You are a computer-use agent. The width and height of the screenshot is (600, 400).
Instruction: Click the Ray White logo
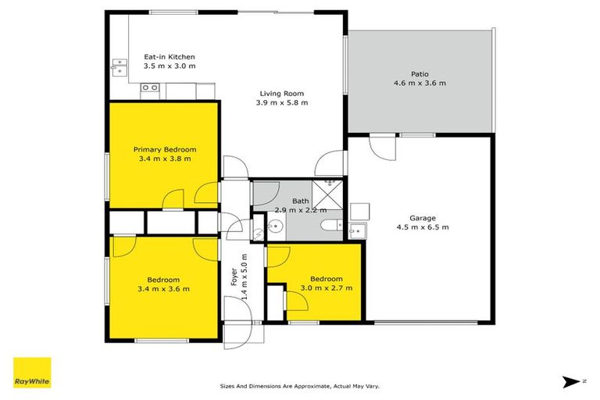[32, 373]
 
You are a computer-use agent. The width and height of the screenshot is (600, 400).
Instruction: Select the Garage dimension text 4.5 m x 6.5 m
[423, 227]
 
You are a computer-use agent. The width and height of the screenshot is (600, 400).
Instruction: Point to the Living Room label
[284, 94]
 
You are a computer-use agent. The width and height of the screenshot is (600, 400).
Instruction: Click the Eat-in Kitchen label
[169, 57]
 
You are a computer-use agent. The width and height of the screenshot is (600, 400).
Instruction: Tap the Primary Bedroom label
[164, 149]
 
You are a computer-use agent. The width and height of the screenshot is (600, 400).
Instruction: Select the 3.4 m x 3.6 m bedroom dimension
[164, 289]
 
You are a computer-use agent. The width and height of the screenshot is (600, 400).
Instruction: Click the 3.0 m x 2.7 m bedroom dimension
[326, 287]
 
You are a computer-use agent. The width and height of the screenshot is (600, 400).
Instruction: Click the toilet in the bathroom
[330, 227]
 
